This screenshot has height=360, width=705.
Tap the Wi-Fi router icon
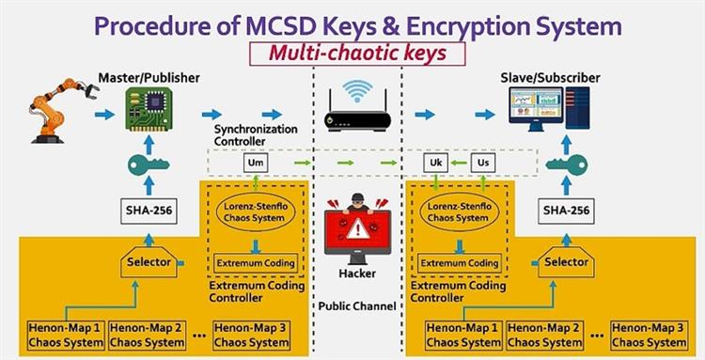coord(356,109)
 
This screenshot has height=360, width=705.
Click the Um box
coord(254,163)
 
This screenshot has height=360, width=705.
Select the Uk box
coord(435,163)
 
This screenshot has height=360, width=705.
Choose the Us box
coord(482,163)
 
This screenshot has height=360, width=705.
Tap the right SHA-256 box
coord(567,211)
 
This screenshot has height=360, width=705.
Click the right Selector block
coord(567,263)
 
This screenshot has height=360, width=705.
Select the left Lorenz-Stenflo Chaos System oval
coord(254,211)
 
